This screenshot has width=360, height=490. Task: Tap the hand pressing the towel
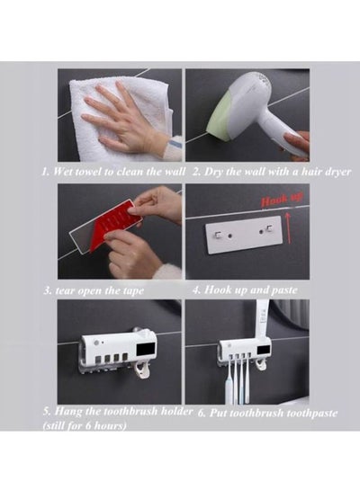pyautogui.click(x=128, y=123)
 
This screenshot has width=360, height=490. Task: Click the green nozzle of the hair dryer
pyautogui.click(x=220, y=117)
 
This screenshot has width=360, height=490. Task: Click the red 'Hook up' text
pyautogui.click(x=282, y=199)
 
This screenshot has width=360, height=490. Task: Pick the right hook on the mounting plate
pyautogui.click(x=267, y=229)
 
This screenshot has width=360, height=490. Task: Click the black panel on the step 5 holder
pyautogui.click(x=147, y=349)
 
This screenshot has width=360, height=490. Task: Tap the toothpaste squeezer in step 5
pyautogui.click(x=142, y=370)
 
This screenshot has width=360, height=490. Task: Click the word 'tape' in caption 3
pyautogui.click(x=132, y=291)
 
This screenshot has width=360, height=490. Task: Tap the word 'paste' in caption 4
pyautogui.click(x=283, y=290)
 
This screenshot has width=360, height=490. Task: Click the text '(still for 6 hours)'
pyautogui.click(x=85, y=425)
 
